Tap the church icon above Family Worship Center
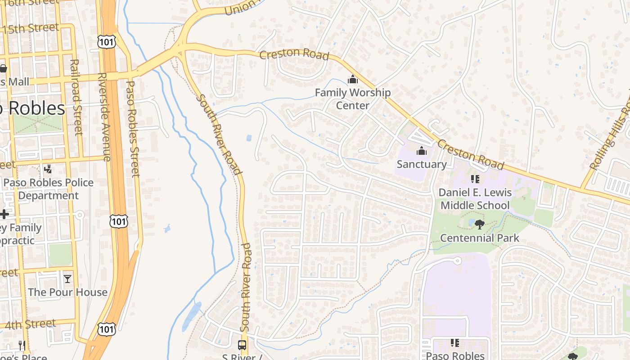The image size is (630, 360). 352,80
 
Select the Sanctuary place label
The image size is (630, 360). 422,164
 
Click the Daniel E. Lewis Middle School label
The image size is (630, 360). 475,199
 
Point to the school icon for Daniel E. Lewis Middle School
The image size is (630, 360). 475,179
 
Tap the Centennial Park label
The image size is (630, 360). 480,238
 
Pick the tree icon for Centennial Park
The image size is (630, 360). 479,224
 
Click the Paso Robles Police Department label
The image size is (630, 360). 49,189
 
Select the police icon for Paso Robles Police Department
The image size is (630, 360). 48,169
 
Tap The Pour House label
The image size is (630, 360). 67,292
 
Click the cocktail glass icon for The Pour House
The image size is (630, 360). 67,279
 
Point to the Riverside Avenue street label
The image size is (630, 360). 103,117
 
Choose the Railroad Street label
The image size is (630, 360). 76,97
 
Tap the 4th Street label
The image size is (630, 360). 31,324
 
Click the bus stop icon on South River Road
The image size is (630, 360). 242,345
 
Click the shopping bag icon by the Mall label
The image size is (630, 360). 3,68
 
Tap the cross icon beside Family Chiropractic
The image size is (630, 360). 4,214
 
